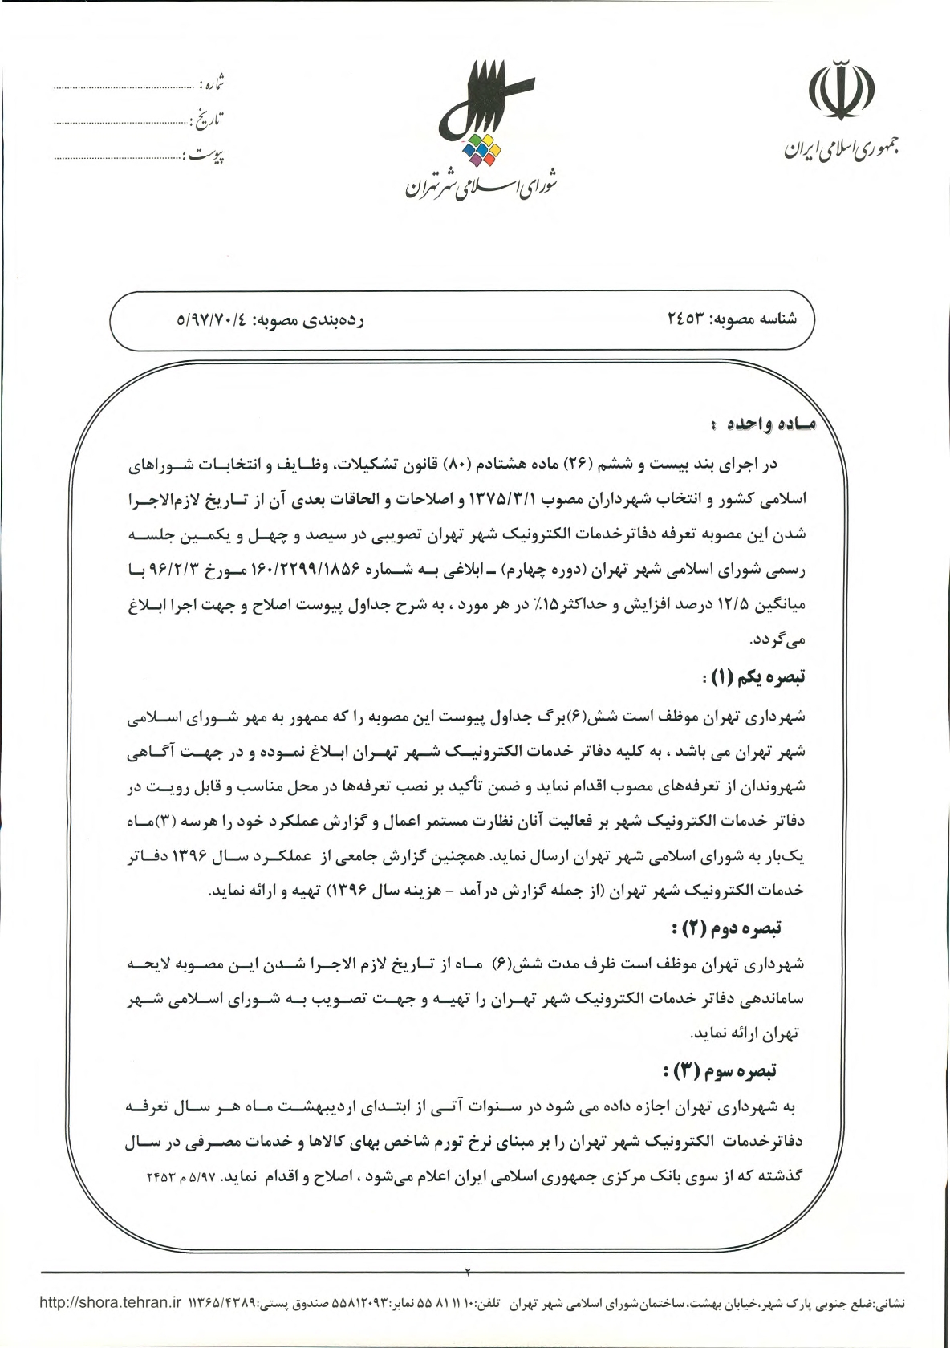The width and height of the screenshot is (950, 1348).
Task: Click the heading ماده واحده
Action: pos(761,422)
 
